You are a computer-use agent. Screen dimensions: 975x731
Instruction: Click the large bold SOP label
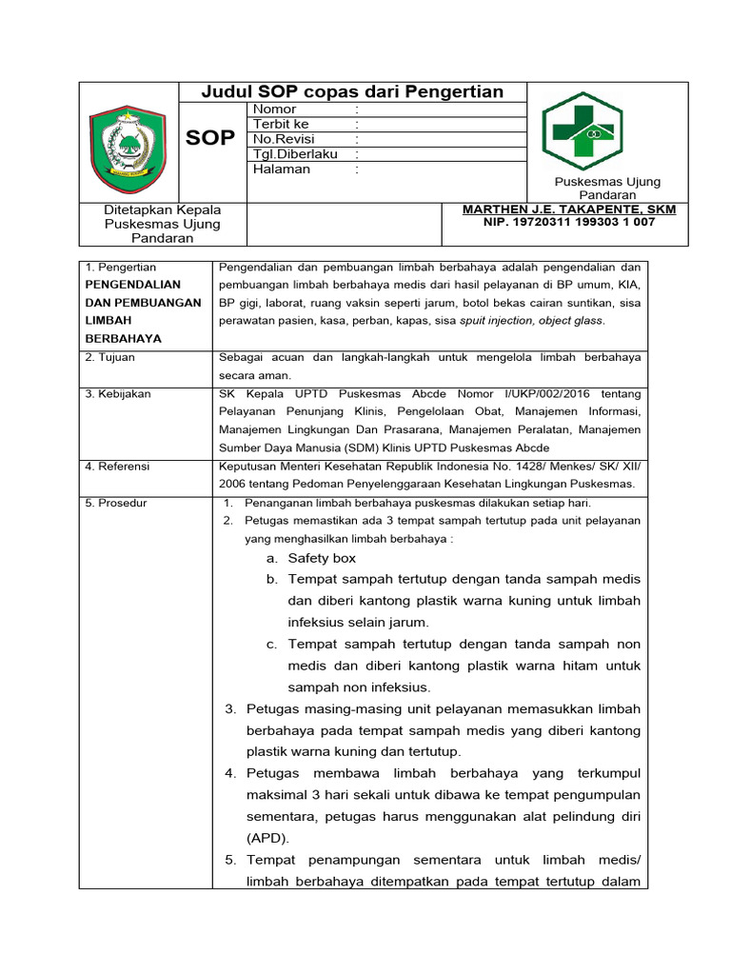point(210,138)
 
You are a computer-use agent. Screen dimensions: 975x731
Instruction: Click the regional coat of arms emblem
point(128,150)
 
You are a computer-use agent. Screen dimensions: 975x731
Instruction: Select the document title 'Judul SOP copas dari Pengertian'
point(352,91)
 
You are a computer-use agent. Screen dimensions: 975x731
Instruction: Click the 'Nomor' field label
point(275,109)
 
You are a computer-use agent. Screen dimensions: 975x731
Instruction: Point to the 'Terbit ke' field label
point(281,124)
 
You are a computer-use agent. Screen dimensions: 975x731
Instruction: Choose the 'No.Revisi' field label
point(282,139)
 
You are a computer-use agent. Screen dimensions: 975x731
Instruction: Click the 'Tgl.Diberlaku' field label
point(294,154)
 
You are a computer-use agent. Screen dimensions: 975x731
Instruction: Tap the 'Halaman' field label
point(282,169)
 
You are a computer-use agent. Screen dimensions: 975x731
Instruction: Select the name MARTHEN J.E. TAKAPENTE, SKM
point(569,209)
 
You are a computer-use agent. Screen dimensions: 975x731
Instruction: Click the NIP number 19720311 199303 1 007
point(569,222)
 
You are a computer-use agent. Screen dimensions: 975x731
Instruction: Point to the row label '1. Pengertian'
point(121,268)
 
